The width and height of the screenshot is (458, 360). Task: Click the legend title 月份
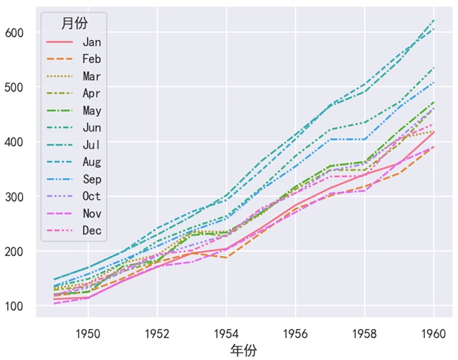74,23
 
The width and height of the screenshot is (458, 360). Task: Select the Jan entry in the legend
91,42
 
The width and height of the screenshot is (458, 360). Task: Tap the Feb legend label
91,59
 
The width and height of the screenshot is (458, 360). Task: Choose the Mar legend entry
91,76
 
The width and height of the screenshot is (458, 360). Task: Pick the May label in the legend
91,110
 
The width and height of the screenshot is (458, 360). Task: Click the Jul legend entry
91,145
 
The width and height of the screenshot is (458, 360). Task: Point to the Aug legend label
91,162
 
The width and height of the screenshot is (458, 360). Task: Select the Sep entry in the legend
91,179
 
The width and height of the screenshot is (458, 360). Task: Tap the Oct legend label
91,196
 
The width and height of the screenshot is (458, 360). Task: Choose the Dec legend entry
91,231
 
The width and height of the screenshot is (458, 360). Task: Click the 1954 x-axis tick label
226,332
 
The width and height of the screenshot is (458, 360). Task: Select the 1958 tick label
365,332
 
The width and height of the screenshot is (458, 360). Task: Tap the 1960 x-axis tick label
433,332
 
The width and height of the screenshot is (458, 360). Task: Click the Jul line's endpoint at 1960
433,20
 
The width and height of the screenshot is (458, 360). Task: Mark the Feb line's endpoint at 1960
433,147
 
